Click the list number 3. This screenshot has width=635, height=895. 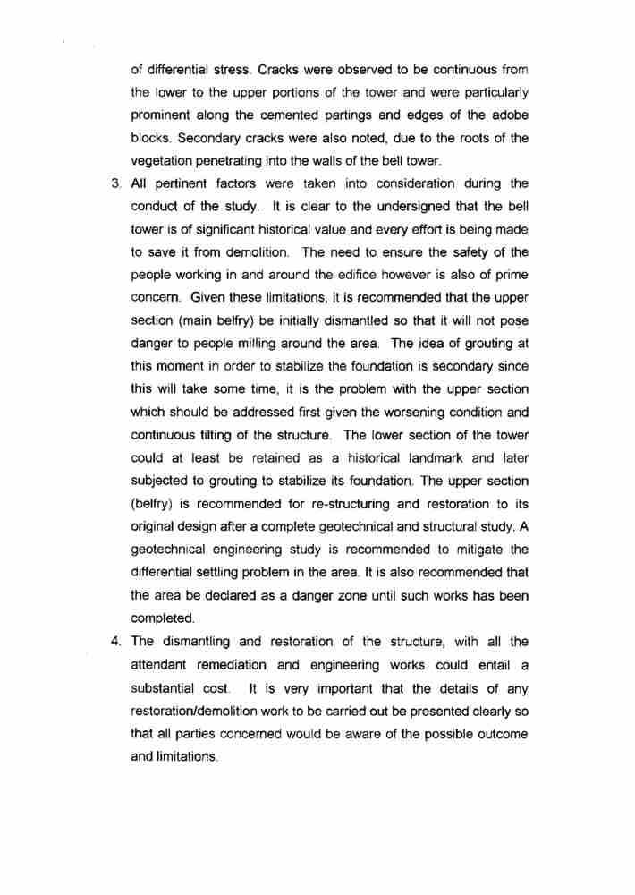114,183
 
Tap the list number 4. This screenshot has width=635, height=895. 114,641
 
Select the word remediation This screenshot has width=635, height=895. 238,664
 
